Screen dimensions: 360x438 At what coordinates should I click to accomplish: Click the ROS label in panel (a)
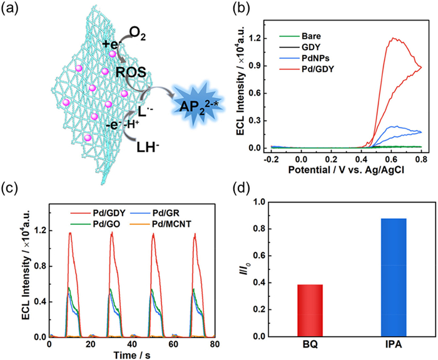(x=131, y=73)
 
